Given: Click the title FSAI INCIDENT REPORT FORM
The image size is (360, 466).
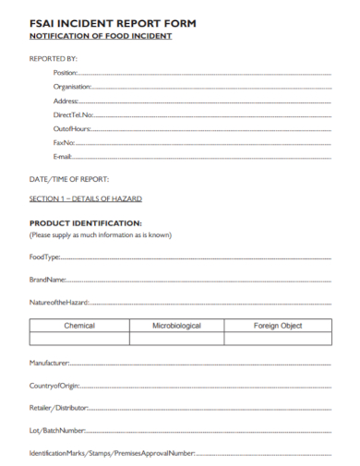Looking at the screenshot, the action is point(113,21).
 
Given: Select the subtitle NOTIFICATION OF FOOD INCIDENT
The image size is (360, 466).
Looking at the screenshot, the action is point(101,36).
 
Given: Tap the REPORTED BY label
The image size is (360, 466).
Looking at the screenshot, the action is point(54,58).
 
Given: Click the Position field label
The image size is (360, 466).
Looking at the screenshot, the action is point(66,72).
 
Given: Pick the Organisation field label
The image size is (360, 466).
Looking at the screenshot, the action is point(72,86).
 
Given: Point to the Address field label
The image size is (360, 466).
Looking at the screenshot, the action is point(66,101).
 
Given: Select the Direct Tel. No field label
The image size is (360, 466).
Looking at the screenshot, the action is point(74,114).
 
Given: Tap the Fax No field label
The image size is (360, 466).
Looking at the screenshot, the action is point(64,143).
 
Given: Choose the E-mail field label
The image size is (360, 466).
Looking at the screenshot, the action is point(63,157).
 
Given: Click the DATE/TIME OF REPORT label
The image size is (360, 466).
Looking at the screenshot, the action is point(69,178).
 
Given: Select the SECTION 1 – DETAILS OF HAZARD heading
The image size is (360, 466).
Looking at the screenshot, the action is point(86,199).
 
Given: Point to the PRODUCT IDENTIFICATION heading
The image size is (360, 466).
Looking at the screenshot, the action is point(85,223).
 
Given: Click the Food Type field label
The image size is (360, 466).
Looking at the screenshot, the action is point(44,257).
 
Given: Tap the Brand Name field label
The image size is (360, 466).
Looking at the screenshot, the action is point(47,279).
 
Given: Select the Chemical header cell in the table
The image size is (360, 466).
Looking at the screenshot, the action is point(79,326).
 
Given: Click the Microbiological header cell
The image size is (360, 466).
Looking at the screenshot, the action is point(176,326).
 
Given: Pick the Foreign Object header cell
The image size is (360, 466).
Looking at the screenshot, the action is point(277,326).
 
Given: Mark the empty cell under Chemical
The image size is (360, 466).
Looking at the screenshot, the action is point(79,340).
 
